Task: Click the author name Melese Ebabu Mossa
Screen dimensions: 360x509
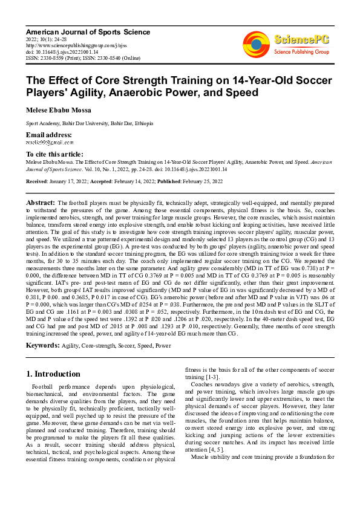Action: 58,111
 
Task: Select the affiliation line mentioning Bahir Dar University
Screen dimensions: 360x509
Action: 89,123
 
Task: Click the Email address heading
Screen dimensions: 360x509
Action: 49,134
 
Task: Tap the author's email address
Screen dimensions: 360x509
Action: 50,143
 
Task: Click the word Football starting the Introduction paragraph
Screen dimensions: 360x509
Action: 43,386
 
